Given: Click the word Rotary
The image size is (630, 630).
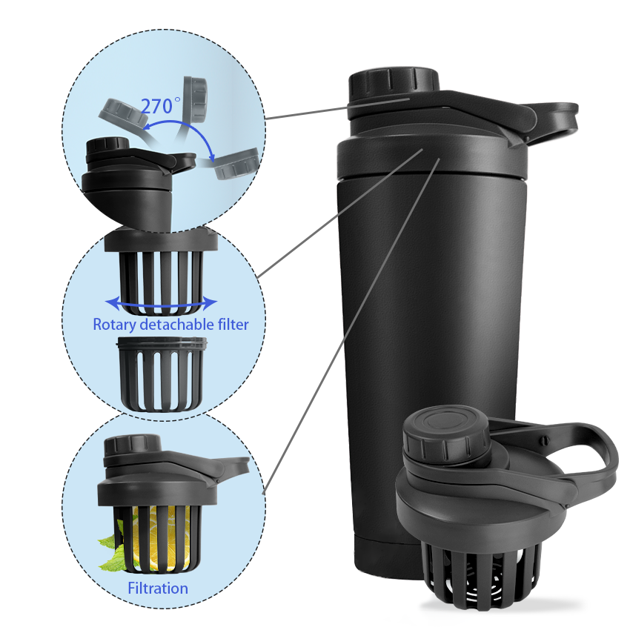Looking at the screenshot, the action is (x=114, y=325).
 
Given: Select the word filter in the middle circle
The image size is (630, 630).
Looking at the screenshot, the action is (x=236, y=324).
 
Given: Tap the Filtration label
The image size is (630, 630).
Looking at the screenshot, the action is (x=158, y=588).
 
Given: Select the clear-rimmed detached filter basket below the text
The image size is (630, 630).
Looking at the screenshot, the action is (x=162, y=374).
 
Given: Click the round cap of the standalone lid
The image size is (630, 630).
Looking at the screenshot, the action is (x=446, y=434).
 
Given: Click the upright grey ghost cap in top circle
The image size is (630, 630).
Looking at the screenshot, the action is (x=195, y=99).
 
